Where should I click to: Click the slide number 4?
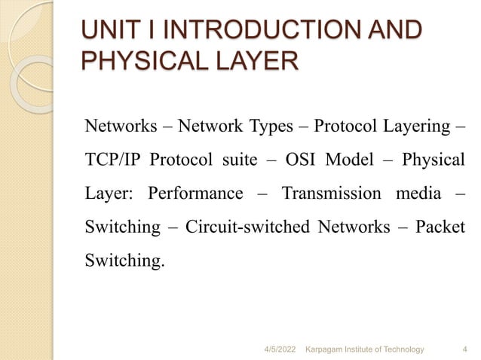(462, 349)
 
